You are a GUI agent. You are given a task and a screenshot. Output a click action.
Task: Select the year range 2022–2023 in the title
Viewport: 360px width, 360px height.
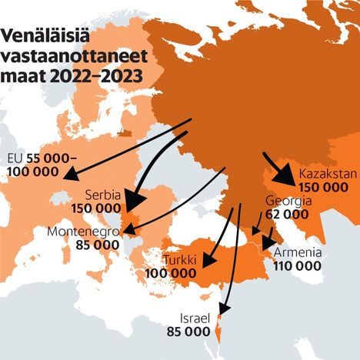coord(99,76)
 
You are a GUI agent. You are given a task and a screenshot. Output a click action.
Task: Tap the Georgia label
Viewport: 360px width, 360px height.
coord(288,201)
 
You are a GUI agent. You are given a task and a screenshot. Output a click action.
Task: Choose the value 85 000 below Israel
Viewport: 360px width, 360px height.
coord(188,332)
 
